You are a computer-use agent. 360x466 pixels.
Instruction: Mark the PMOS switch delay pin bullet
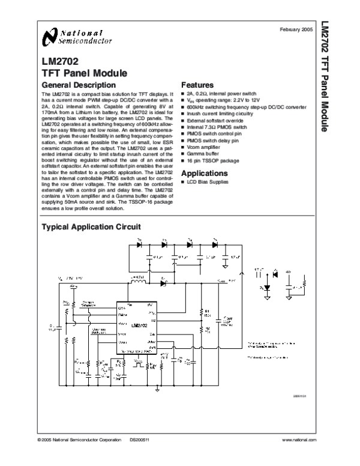point(215,141)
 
